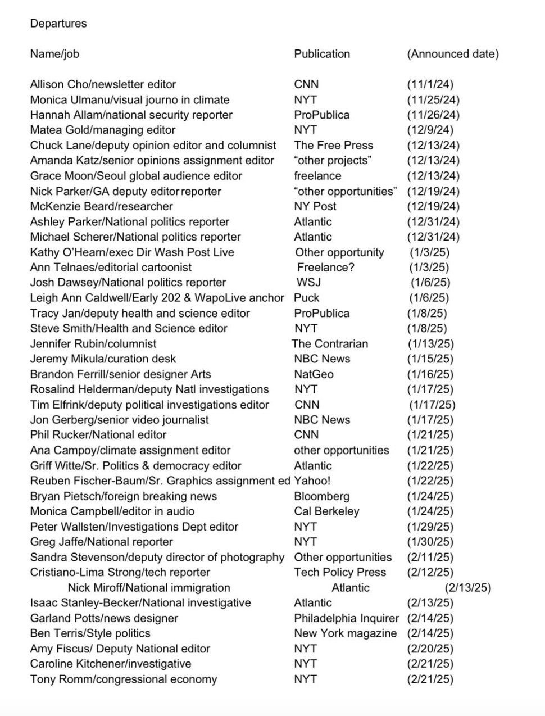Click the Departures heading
[58, 24]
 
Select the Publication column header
[322, 54]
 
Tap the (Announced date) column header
[452, 54]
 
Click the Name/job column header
[54, 54]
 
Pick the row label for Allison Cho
[103, 84]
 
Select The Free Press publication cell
[333, 145]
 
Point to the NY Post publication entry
[315, 206]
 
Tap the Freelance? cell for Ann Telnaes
[326, 267]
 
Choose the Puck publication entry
[306, 298]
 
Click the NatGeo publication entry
[314, 374]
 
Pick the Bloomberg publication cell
[321, 496]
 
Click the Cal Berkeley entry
[326, 511]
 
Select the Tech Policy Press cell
[340, 572]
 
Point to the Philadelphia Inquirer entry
[346, 618]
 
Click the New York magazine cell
[345, 633]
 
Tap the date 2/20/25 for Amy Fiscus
[430, 649]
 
